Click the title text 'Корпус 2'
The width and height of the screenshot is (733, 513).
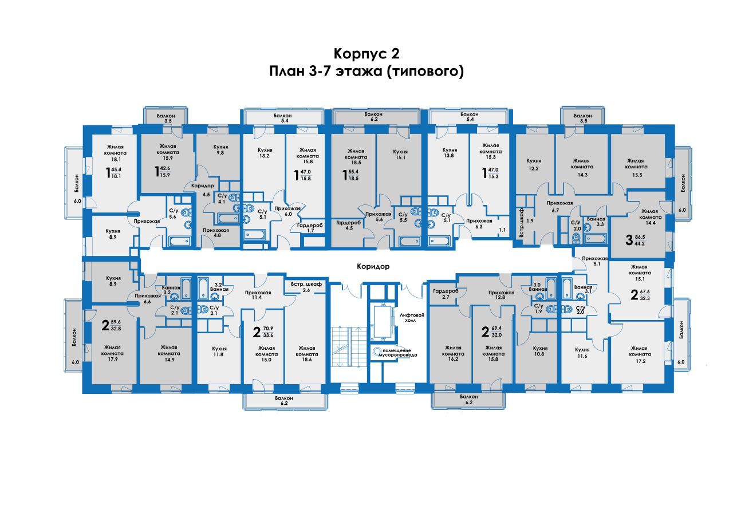point(366,54)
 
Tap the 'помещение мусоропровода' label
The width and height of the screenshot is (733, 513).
point(397,352)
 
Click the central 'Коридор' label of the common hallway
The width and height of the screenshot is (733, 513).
point(373,267)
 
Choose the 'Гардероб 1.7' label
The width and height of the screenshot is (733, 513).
point(309,228)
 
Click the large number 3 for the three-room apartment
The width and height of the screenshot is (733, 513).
point(629,239)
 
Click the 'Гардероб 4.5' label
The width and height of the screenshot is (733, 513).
point(348,226)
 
